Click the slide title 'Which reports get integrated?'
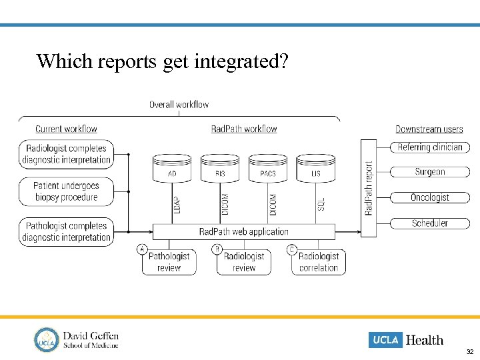pos(162,61)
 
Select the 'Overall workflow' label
pos(179,105)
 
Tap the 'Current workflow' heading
pos(66,129)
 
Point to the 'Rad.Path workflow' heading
pos(244,129)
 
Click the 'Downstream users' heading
pos(429,129)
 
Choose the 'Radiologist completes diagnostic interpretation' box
pos(66,154)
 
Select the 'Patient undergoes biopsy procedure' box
pos(66,191)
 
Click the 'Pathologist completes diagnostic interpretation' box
pos(66,231)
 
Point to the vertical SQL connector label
pos(321,203)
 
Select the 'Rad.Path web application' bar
pos(244,231)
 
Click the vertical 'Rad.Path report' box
pos(369,188)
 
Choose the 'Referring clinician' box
pos(430,147)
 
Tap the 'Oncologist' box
pos(430,197)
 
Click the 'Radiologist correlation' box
pos(319,262)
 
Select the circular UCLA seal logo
pos(47,339)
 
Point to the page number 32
pos(469,351)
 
